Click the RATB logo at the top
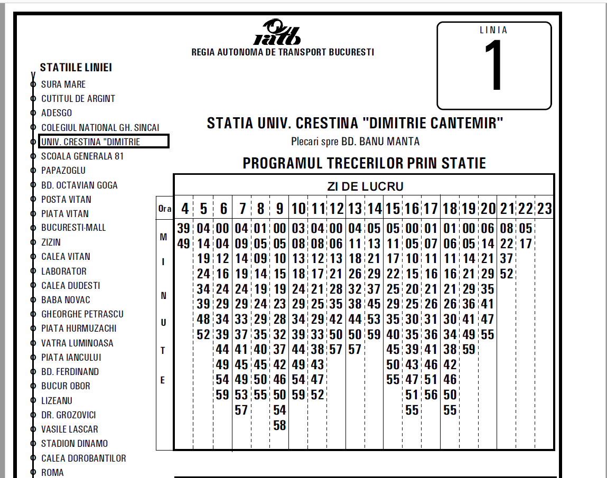click(x=277, y=33)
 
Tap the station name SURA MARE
click(x=63, y=85)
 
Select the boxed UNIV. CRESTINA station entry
click(x=104, y=142)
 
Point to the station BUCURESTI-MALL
click(x=73, y=228)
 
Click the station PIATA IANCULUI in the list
click(x=71, y=357)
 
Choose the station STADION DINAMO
click(x=74, y=444)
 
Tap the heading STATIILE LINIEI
click(x=76, y=68)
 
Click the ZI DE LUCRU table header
click(x=365, y=186)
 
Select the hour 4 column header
click(x=184, y=209)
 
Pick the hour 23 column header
click(x=545, y=209)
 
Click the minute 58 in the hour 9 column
click(x=279, y=425)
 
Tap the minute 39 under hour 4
click(x=183, y=229)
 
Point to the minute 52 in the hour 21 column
click(x=507, y=274)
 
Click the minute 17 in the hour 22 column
click(x=526, y=244)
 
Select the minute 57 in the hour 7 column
click(x=241, y=410)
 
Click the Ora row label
click(x=165, y=209)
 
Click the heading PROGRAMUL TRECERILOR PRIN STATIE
click(x=364, y=163)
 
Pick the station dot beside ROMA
click(x=33, y=473)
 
